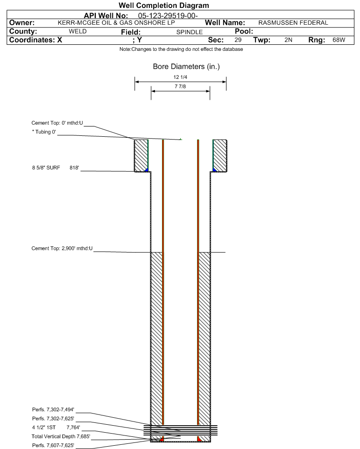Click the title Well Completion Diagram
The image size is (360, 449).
click(164, 6)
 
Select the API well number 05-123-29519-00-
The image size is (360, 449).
click(168, 15)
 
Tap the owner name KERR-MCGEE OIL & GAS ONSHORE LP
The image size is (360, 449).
click(116, 23)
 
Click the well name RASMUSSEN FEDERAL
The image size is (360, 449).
click(293, 23)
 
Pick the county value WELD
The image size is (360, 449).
click(78, 31)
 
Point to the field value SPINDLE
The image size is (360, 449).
click(189, 32)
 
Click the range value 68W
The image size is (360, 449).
click(339, 40)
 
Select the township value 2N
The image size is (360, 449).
click(289, 40)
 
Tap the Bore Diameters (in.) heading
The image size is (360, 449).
click(186, 67)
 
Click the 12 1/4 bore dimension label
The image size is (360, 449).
click(180, 77)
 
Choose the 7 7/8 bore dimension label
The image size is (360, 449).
click(180, 86)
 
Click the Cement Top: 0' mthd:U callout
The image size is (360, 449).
click(57, 123)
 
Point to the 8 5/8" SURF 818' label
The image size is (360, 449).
click(56, 168)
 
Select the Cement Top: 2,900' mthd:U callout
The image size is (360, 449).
click(62, 249)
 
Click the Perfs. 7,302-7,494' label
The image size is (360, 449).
click(53, 410)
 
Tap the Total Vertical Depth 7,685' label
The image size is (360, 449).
click(61, 437)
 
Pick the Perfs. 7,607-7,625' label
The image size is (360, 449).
click(53, 446)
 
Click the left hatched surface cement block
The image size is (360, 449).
click(141, 155)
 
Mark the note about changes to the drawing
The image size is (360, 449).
click(181, 49)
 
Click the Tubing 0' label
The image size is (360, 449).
click(44, 132)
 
